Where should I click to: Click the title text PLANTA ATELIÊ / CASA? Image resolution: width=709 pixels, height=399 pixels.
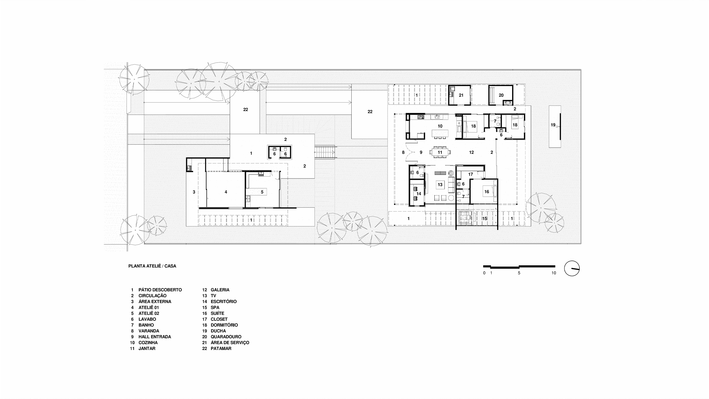pyautogui.click(x=152, y=266)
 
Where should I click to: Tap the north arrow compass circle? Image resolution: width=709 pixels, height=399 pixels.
pyautogui.click(x=572, y=268)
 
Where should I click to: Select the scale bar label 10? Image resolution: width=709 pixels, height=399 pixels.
pyautogui.click(x=553, y=273)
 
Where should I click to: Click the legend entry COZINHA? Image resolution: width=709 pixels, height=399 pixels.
pyautogui.click(x=148, y=343)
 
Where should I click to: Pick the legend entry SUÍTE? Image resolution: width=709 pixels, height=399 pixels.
pyautogui.click(x=217, y=314)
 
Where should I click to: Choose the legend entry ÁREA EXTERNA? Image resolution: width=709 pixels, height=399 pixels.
pyautogui.click(x=155, y=302)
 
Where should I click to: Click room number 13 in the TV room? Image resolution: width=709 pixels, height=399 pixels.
pyautogui.click(x=440, y=185)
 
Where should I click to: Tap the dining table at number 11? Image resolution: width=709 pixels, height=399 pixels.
pyautogui.click(x=440, y=152)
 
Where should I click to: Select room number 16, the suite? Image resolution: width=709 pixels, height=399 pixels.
pyautogui.click(x=487, y=192)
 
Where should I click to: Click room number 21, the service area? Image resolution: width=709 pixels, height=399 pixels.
pyautogui.click(x=461, y=95)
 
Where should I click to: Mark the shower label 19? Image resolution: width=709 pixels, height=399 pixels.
pyautogui.click(x=553, y=125)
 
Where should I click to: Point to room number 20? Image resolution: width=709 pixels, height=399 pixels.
pyautogui.click(x=501, y=95)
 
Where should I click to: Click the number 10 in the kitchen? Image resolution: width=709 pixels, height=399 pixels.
pyautogui.click(x=440, y=126)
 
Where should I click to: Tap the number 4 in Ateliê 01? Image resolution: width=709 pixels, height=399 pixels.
pyautogui.click(x=226, y=192)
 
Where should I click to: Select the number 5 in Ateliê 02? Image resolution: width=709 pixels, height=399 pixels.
pyautogui.click(x=262, y=192)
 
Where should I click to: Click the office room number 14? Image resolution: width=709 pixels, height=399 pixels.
pyautogui.click(x=419, y=194)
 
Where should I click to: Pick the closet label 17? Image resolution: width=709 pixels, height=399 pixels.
pyautogui.click(x=470, y=174)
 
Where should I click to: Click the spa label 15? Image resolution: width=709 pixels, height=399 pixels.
pyautogui.click(x=485, y=219)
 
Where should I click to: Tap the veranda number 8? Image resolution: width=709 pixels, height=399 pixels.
pyautogui.click(x=403, y=152)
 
